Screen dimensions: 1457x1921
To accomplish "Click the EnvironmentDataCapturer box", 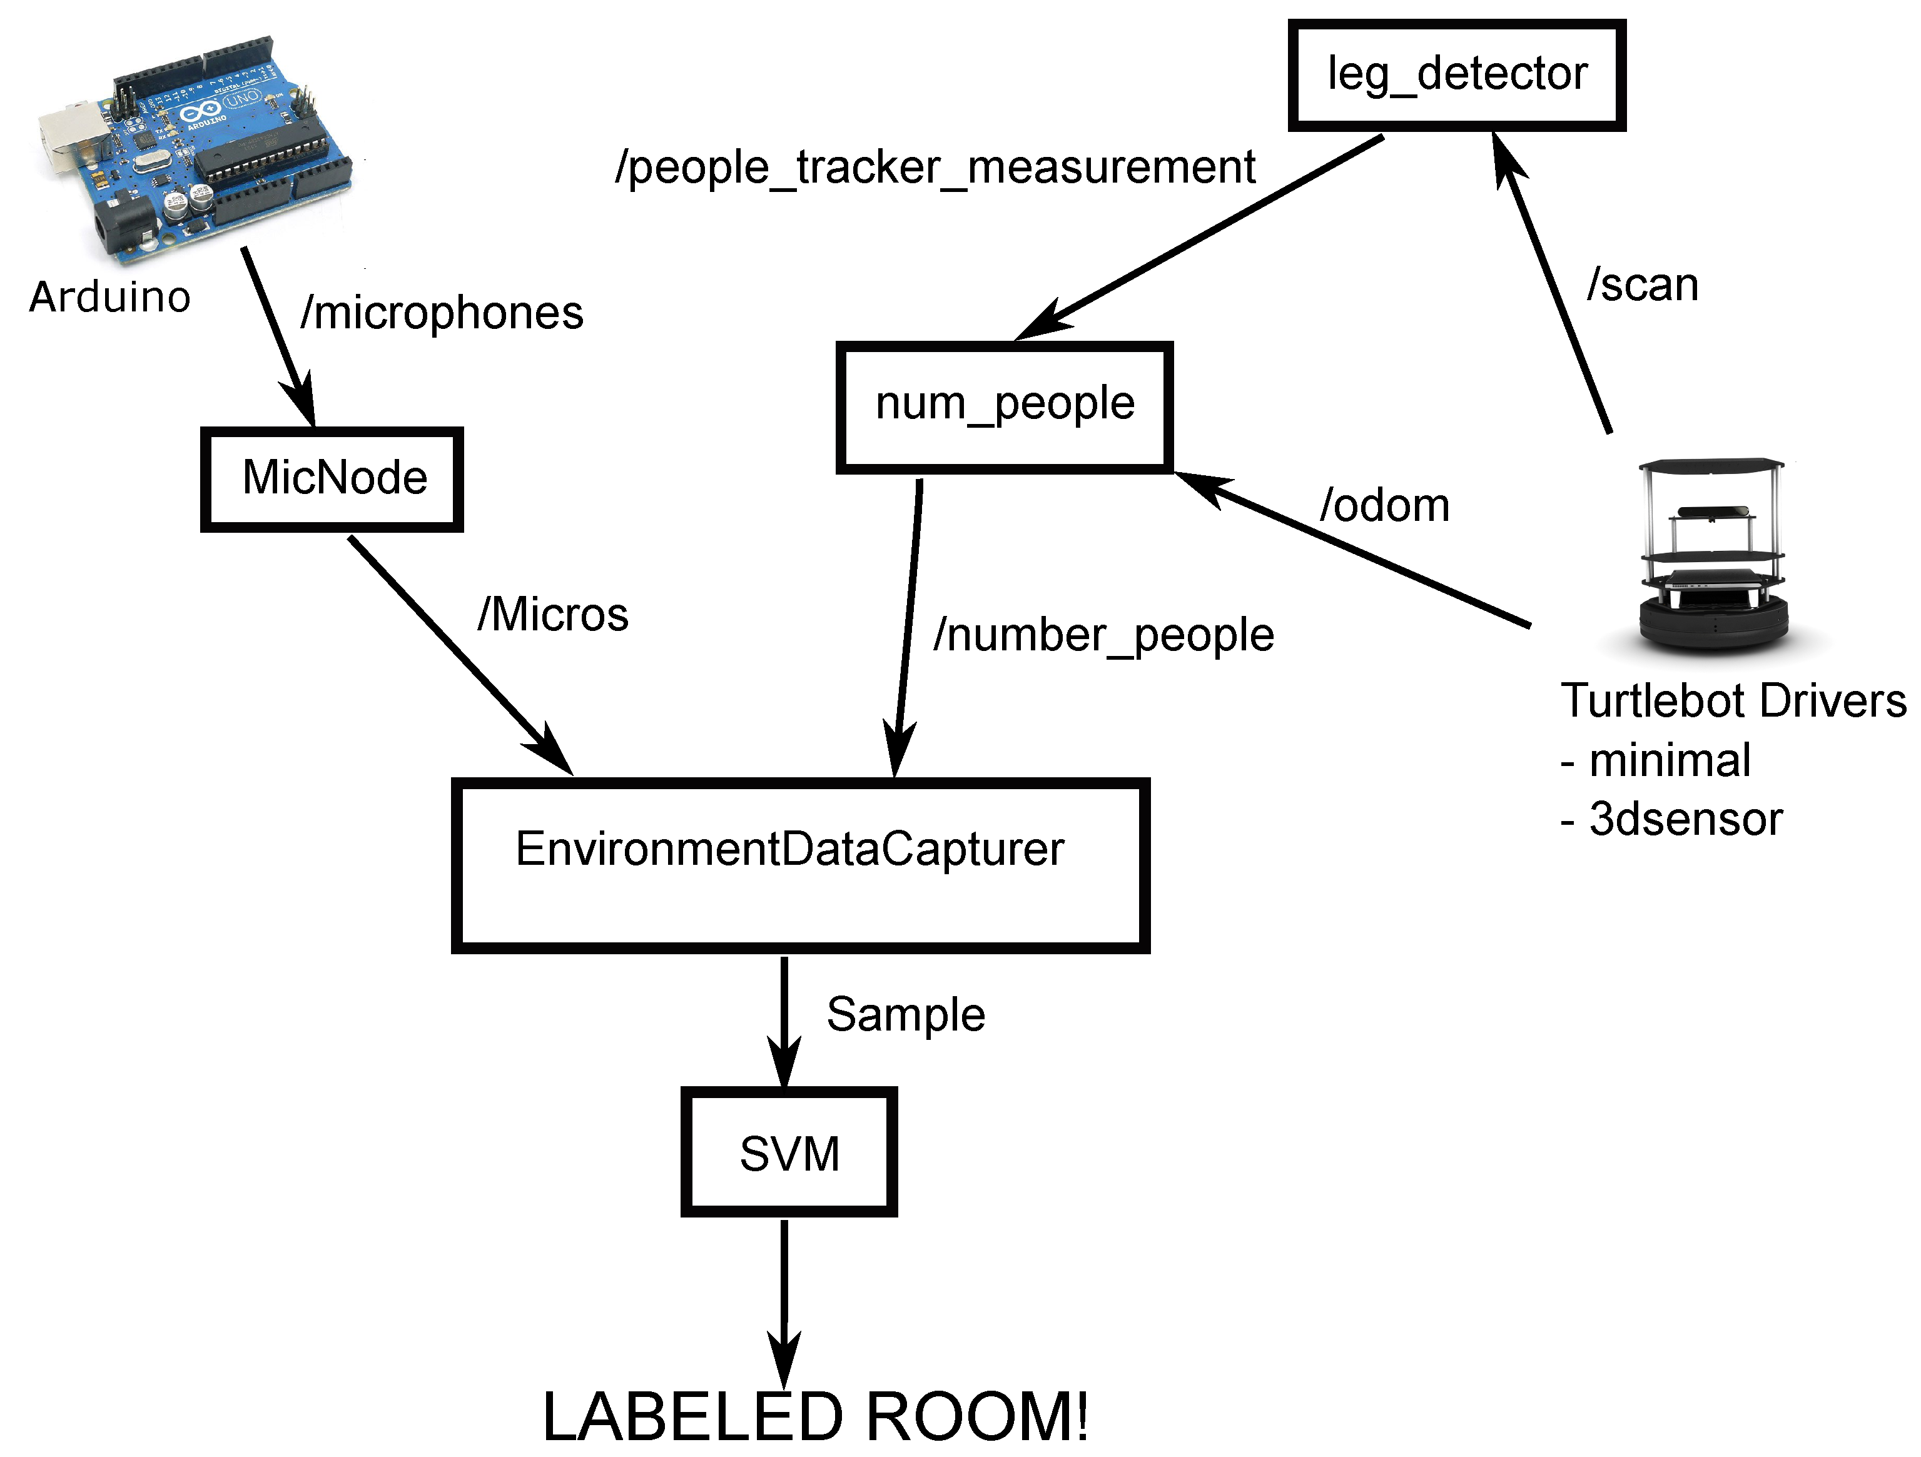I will click(800, 864).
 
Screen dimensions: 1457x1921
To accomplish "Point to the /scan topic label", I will click(1641, 285).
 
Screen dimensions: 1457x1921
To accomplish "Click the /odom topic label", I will click(1384, 505).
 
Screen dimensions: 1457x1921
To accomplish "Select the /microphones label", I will click(441, 313).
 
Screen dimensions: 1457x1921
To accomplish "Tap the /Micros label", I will click(552, 615).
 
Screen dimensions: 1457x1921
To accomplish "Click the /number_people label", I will click(1103, 635).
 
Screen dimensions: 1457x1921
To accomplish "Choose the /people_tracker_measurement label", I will click(935, 168).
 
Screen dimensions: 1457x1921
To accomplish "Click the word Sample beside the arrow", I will click(905, 1014).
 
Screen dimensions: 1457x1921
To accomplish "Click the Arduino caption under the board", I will click(109, 298).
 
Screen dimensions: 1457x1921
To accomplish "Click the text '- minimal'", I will click(1655, 760).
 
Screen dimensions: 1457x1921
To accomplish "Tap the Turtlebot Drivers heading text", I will click(1733, 701).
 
